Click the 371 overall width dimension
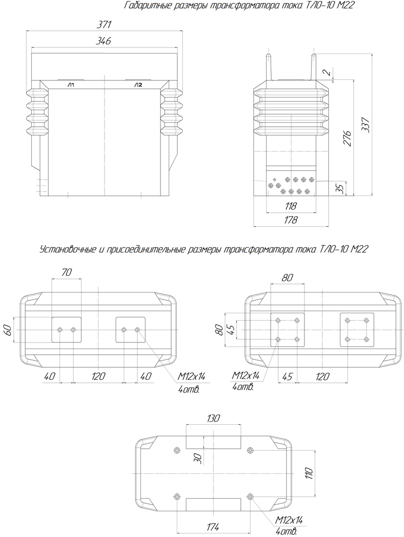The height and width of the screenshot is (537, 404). pos(104,25)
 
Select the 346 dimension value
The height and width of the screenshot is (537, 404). pos(104,41)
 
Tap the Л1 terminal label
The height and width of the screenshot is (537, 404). pos(71,84)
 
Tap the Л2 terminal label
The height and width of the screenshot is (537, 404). pos(138,84)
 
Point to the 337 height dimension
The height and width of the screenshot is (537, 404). pos(366,125)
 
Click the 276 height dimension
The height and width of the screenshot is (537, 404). pos(347,138)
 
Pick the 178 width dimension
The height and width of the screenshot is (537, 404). pos(290,220)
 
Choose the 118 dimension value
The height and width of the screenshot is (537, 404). pos(290,206)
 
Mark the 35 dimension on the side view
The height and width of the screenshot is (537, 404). pos(339,189)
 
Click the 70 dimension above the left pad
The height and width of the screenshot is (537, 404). pos(67,272)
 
